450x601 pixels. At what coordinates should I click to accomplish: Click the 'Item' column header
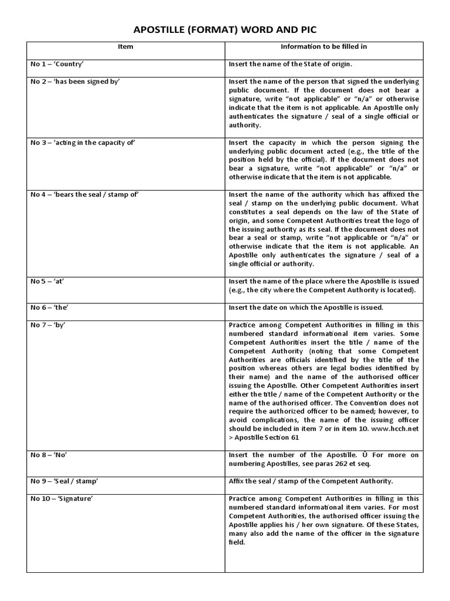pyautogui.click(x=125, y=47)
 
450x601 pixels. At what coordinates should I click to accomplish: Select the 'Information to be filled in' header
pyautogui.click(x=323, y=47)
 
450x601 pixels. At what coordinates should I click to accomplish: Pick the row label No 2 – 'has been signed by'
pyautogui.click(x=75, y=81)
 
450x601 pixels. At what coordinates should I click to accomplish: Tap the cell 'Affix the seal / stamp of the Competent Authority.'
pyautogui.click(x=311, y=481)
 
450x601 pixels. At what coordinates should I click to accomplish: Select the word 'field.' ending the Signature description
pyautogui.click(x=238, y=543)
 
